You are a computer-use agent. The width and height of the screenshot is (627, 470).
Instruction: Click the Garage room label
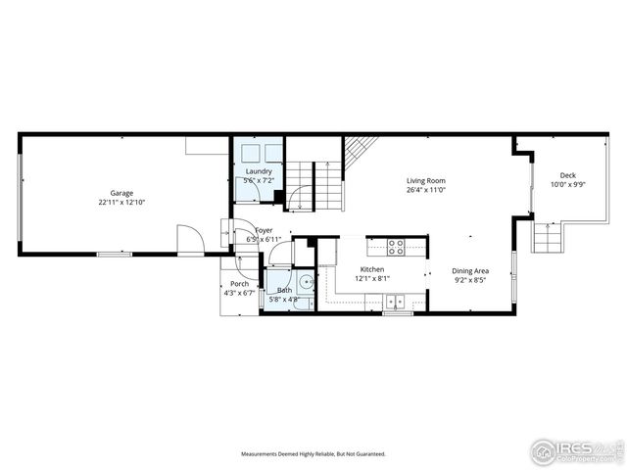[121, 193]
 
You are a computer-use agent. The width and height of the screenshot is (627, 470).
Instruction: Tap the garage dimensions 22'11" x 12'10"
[121, 203]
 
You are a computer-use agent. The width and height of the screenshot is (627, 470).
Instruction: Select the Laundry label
[259, 172]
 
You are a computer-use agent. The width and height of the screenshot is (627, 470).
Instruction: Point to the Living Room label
[426, 180]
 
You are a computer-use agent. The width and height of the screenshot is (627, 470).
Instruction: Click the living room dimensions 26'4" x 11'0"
[426, 190]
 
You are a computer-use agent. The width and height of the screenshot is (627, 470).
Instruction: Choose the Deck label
[567, 175]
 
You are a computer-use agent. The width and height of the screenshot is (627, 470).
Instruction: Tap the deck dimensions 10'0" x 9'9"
[567, 184]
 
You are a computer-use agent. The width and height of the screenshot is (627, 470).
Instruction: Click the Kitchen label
[371, 269]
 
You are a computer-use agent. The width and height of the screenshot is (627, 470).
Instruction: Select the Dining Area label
[470, 270]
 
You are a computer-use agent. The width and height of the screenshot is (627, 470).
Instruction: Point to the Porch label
[239, 283]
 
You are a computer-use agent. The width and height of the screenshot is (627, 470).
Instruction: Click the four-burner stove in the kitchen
[396, 247]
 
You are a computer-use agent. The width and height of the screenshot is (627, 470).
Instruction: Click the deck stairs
[545, 236]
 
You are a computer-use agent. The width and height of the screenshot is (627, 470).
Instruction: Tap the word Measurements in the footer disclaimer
[264, 454]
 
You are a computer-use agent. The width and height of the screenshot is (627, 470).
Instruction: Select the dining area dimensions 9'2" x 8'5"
[470, 279]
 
